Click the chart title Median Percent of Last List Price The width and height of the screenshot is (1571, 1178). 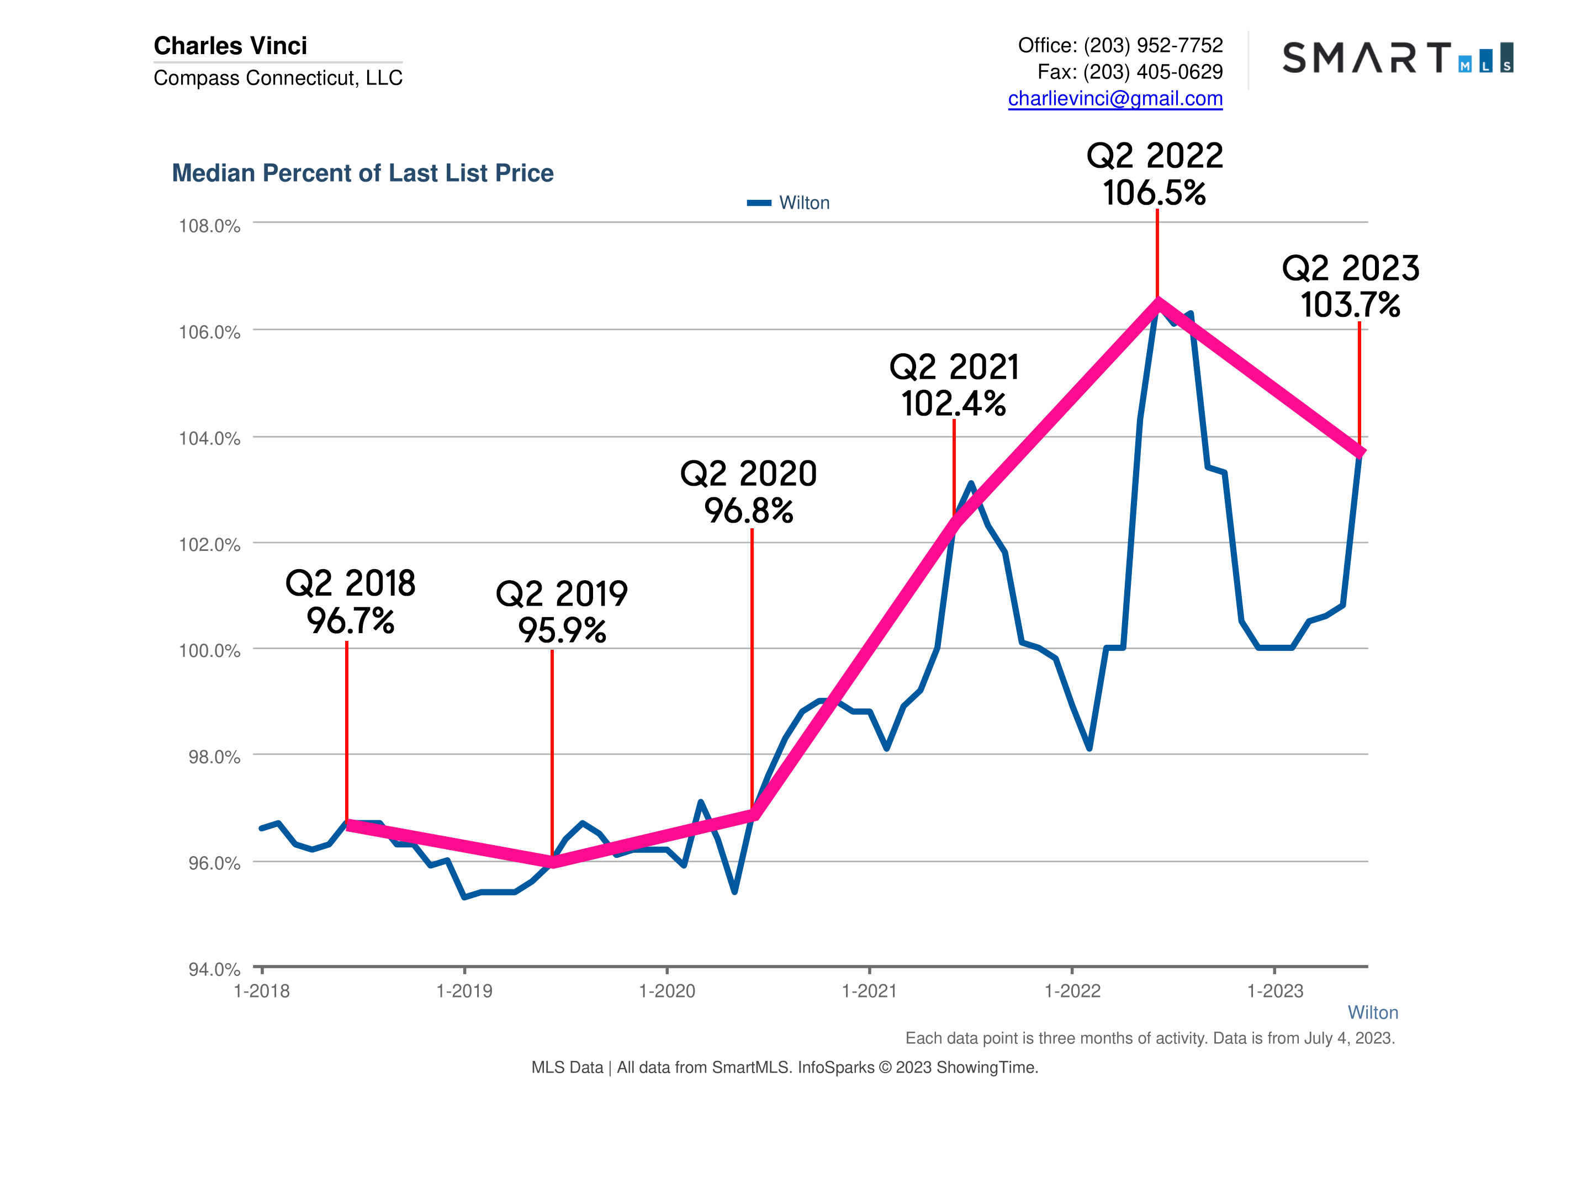click(362, 173)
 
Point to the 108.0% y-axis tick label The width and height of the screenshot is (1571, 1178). click(209, 226)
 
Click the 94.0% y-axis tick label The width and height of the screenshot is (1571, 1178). click(214, 969)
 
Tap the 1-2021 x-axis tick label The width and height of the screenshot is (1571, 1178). click(869, 991)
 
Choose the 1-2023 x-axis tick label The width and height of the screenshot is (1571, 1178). click(1275, 991)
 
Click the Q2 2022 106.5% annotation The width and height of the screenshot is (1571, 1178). click(1155, 174)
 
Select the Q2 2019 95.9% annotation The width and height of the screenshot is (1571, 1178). click(562, 612)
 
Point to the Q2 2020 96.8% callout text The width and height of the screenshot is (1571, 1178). click(749, 492)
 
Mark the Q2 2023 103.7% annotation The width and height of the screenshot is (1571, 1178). click(1350, 287)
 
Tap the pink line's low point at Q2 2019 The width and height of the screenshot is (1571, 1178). click(553, 863)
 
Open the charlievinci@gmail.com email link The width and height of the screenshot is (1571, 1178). click(1115, 99)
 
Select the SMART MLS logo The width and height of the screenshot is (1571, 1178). click(1397, 57)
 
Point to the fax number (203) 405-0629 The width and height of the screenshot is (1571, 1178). click(1152, 72)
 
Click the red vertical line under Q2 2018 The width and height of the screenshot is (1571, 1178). click(347, 731)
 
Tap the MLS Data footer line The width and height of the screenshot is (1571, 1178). click(785, 1067)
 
